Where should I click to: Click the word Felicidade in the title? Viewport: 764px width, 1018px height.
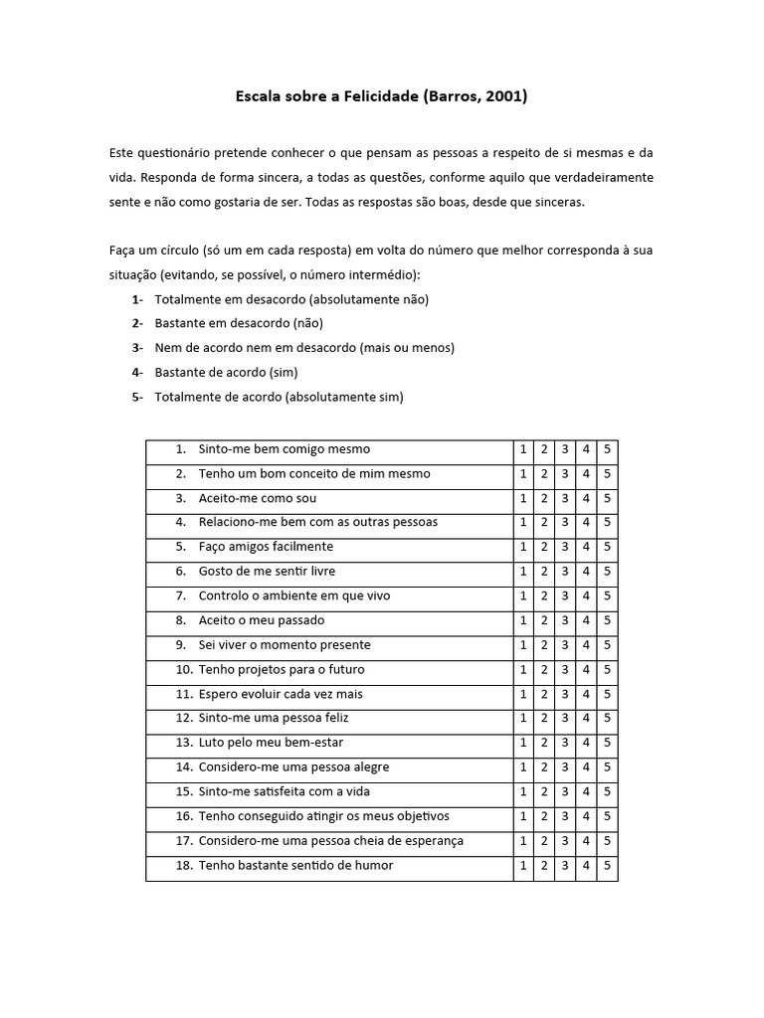[x=379, y=96]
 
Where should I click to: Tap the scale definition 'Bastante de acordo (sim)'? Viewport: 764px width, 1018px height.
[x=226, y=373]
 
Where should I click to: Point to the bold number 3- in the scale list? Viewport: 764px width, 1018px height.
[x=137, y=348]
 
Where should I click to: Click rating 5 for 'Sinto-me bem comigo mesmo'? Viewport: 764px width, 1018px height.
[x=608, y=449]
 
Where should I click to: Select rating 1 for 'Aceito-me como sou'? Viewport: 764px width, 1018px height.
[x=523, y=498]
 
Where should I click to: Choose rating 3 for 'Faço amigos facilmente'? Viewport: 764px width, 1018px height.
[x=565, y=547]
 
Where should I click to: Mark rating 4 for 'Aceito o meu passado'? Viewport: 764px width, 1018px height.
[x=587, y=620]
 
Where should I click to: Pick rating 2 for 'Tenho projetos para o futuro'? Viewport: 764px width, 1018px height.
[x=544, y=669]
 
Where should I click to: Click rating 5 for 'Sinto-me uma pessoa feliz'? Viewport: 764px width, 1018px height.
[x=608, y=718]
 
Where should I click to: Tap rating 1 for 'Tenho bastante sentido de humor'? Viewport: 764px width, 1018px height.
[x=523, y=865]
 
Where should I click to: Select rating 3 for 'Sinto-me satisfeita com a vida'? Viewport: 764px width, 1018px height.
[x=565, y=791]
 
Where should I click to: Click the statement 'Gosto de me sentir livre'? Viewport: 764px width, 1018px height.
[x=267, y=572]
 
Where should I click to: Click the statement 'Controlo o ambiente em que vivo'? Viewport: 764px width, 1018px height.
[x=294, y=595]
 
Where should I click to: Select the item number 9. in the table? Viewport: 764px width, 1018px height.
[x=181, y=645]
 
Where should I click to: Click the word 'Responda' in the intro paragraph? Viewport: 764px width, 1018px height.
[x=170, y=177]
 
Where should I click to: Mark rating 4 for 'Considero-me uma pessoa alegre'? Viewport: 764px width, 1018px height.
[x=587, y=767]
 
